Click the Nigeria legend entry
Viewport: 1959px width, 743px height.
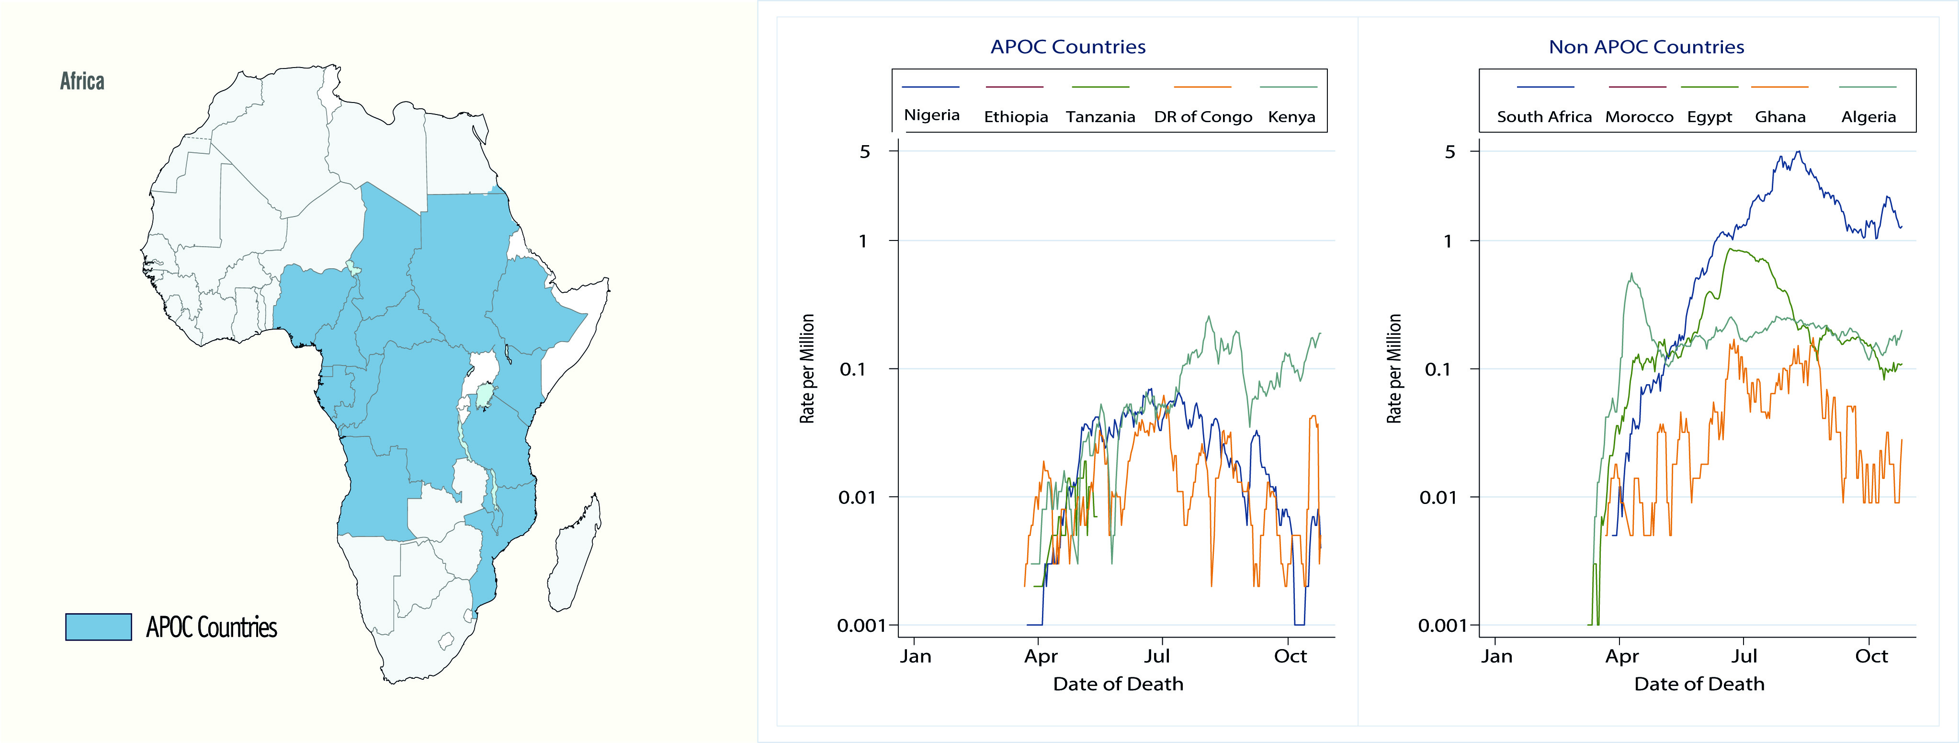[931, 115]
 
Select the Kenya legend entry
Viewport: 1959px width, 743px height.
[1291, 116]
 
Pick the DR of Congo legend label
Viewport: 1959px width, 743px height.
[1202, 117]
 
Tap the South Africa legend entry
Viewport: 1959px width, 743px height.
[1544, 116]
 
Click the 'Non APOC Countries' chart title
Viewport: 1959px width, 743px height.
[1646, 47]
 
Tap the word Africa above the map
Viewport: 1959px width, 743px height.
[82, 81]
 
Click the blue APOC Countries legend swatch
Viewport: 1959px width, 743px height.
[98, 627]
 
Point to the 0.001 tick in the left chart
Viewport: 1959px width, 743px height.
[861, 625]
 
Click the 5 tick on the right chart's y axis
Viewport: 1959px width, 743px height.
[1449, 151]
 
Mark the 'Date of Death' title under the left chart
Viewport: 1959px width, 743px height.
[1118, 684]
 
